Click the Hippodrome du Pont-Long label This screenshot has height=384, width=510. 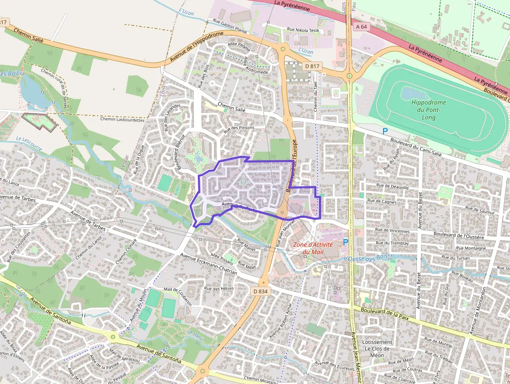pyautogui.click(x=429, y=110)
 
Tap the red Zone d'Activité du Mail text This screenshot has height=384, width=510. pyautogui.click(x=313, y=248)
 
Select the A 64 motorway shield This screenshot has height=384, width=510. pyautogui.click(x=362, y=26)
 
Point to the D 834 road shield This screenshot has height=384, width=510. pyautogui.click(x=261, y=291)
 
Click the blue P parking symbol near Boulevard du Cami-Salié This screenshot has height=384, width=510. pyautogui.click(x=385, y=132)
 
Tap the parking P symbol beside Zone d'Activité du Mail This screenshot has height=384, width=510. pyautogui.click(x=346, y=242)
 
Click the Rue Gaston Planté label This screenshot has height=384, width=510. pyautogui.click(x=230, y=26)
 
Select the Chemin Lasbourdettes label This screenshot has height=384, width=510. pyautogui.click(x=122, y=119)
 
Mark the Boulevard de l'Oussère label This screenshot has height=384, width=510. pyautogui.click(x=458, y=236)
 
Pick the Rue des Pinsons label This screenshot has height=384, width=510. pyautogui.click(x=239, y=128)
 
